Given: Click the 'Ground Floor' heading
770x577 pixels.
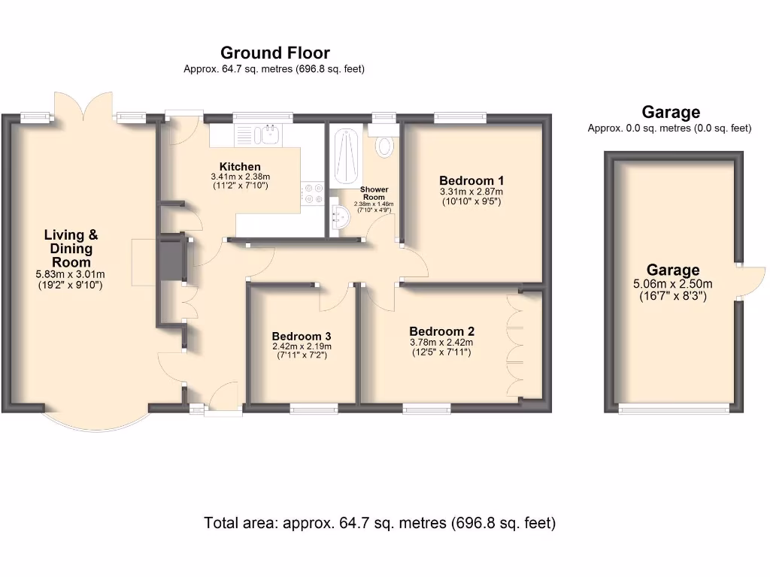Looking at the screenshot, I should pos(274,53).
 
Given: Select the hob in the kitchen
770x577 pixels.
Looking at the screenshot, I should pos(312,194).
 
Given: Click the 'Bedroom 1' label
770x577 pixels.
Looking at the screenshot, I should pos(471,180).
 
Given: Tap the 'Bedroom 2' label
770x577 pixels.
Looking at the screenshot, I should pos(441,331).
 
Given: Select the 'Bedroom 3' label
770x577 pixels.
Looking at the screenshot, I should pos(302,336).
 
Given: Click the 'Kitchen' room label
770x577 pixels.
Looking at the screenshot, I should pos(240,166).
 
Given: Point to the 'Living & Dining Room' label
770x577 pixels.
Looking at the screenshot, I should pos(71,249).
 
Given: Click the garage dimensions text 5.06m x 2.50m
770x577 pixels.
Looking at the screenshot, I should pos(674,284).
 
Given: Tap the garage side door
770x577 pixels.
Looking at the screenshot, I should pos(751,282).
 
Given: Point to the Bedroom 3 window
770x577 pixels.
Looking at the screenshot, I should pos(314,408).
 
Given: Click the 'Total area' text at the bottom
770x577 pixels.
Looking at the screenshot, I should pos(380,523).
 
